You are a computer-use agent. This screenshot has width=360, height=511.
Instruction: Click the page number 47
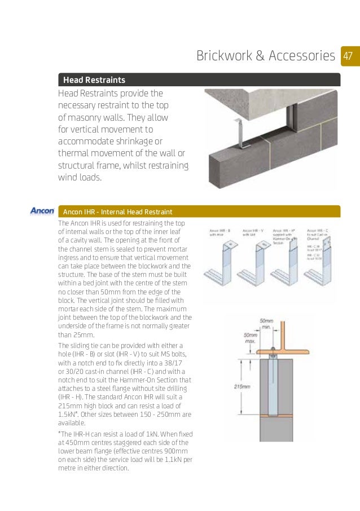click(348, 56)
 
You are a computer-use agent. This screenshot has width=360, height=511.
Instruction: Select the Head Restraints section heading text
click(94, 80)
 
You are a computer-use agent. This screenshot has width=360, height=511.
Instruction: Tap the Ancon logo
click(42, 212)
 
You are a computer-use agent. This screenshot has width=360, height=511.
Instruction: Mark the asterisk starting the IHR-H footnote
click(60, 433)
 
